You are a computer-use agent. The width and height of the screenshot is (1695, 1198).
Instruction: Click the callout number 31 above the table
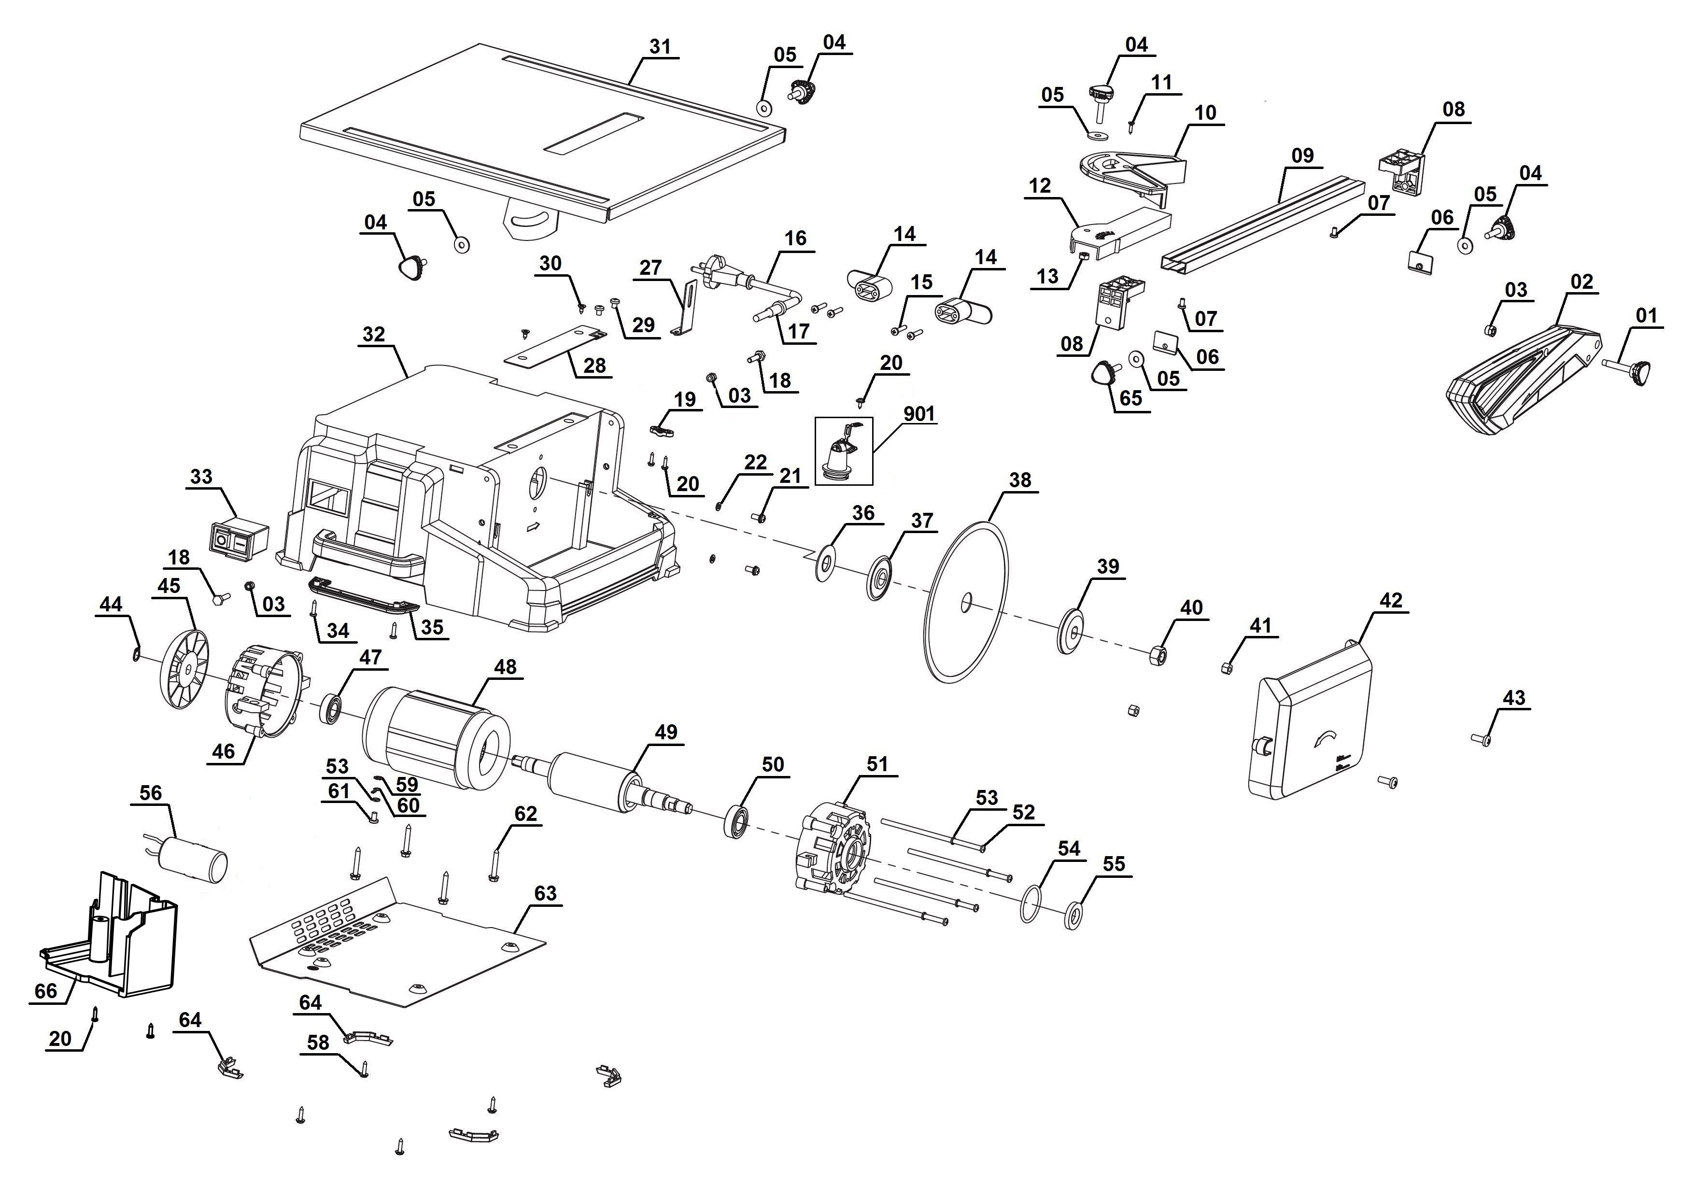660,46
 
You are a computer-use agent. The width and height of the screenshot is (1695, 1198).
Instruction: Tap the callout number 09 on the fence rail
1302,156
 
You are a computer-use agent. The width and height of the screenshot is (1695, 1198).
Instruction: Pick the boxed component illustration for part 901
843,451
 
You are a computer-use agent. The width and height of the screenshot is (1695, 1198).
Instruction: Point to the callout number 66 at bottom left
46,990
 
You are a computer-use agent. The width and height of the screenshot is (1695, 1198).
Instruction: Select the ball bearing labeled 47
331,709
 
